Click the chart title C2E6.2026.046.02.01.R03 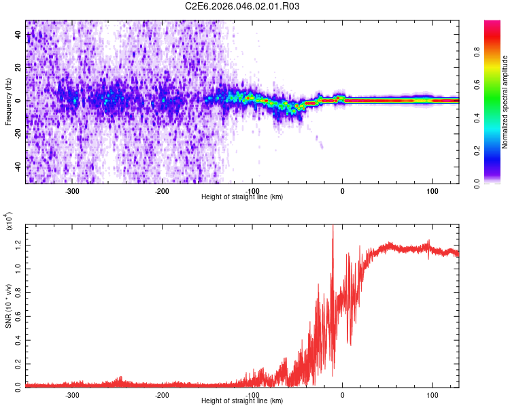pyautogui.click(x=243, y=6)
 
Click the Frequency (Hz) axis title pyautogui.click(x=8, y=102)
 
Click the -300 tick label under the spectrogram pyautogui.click(x=73, y=191)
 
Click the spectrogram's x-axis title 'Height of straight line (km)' pyautogui.click(x=243, y=197)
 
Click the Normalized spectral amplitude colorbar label pyautogui.click(x=505, y=102)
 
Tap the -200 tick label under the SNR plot pyautogui.click(x=163, y=395)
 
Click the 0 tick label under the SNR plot pyautogui.click(x=343, y=395)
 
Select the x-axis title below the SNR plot pyautogui.click(x=243, y=401)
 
